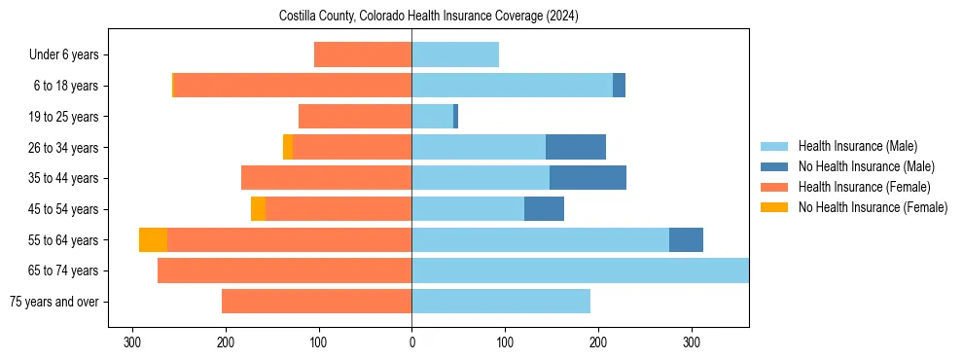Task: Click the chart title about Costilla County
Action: click(x=428, y=17)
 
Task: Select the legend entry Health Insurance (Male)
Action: click(x=853, y=146)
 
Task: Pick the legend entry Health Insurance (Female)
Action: click(x=858, y=187)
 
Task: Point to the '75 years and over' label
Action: click(x=53, y=302)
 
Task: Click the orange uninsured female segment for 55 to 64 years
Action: click(x=153, y=240)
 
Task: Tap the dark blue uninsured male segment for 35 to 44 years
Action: click(x=588, y=178)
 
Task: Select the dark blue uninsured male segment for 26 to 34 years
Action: click(x=576, y=148)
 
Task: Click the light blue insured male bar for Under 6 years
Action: click(x=455, y=55)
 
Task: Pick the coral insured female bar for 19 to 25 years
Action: click(x=355, y=117)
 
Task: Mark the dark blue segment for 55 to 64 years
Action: click(x=686, y=240)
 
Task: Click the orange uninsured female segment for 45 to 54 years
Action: click(x=258, y=209)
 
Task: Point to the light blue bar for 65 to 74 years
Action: click(x=580, y=270)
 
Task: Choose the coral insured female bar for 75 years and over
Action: click(x=316, y=302)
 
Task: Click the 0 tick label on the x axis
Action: click(x=411, y=342)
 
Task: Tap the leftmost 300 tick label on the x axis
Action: click(x=132, y=342)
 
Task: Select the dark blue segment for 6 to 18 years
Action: click(x=619, y=86)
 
